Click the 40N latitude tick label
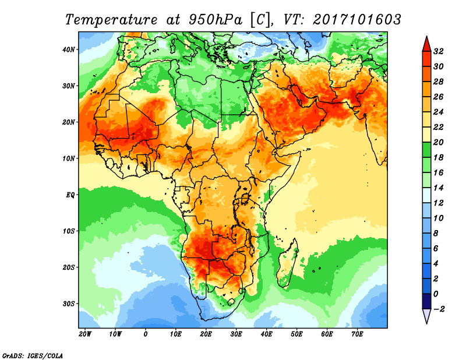(x=69, y=49)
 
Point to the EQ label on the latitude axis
(x=71, y=195)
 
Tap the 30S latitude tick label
(x=69, y=303)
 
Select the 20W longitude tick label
(x=85, y=334)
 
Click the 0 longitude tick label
(x=146, y=334)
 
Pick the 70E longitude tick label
(x=357, y=334)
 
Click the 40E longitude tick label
(x=266, y=334)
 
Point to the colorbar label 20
(x=439, y=143)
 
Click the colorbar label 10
(x=439, y=218)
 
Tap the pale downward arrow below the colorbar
(x=426, y=316)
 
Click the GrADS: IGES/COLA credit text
(x=33, y=355)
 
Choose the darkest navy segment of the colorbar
(x=426, y=301)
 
